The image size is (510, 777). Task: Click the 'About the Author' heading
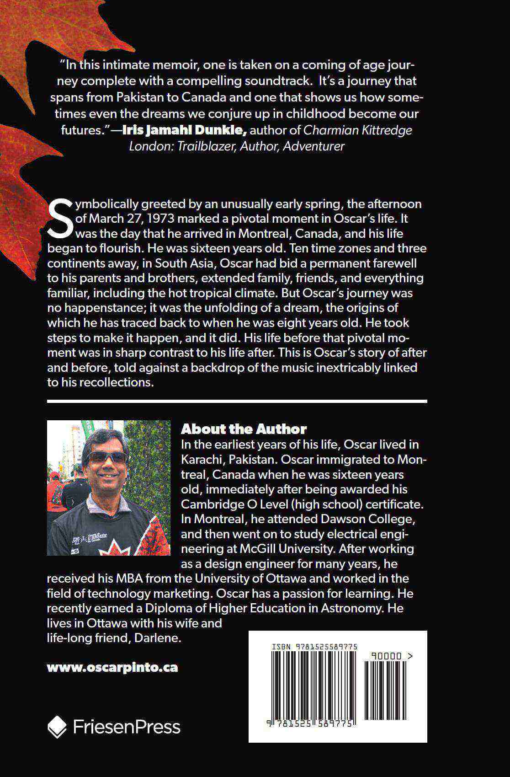coord(244,429)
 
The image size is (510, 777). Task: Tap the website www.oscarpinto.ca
coord(112,667)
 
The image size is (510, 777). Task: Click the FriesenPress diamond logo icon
coord(57,727)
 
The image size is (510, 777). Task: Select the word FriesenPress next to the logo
coord(127,727)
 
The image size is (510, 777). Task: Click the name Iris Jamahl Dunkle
coord(185,130)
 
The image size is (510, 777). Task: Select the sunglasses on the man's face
coord(107,457)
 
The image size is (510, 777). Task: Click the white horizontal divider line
coord(237,401)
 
